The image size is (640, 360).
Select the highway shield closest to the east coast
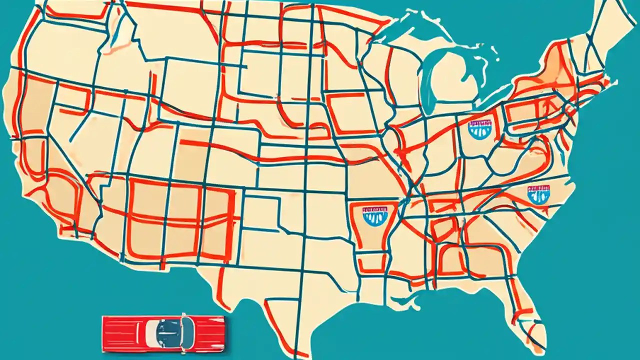click(538, 194)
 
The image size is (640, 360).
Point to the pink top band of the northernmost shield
click(479, 122)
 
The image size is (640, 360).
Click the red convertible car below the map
click(163, 332)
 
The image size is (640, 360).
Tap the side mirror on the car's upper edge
click(183, 316)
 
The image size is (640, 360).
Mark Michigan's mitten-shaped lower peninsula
click(452, 80)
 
